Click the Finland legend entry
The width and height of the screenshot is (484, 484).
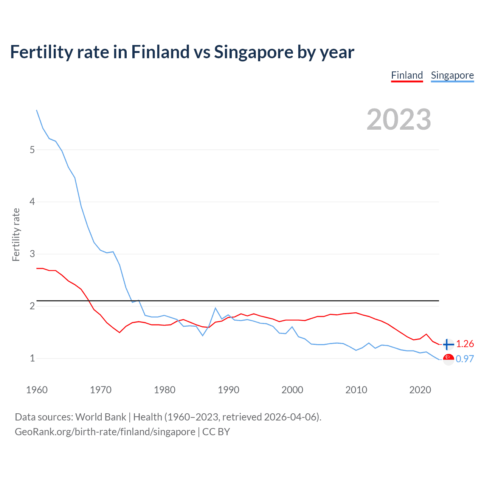407,75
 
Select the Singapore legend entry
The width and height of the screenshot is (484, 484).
452,75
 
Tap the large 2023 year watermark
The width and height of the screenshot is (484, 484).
399,119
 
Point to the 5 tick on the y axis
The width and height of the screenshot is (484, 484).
32,150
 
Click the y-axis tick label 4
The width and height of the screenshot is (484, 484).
32,202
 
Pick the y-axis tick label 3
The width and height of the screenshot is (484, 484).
32,254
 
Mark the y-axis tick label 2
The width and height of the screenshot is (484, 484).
32,306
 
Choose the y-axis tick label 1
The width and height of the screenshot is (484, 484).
32,358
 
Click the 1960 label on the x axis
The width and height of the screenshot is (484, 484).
37,390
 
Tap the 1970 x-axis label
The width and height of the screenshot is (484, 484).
101,390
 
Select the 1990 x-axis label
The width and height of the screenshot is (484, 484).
228,390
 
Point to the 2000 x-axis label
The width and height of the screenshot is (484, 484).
292,390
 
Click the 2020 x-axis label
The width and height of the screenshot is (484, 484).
420,390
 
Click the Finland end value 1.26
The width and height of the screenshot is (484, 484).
465,344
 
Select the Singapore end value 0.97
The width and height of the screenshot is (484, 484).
465,359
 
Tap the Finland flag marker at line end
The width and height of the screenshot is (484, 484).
448,344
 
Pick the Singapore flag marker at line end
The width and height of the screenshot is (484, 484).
448,359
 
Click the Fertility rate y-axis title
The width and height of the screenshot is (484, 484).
16,234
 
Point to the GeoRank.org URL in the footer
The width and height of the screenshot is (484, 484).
105,432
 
